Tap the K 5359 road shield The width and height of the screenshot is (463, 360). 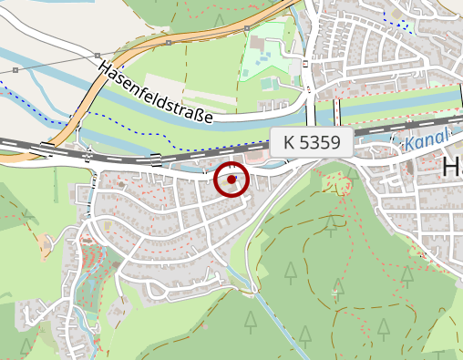312,142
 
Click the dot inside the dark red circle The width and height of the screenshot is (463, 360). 231,179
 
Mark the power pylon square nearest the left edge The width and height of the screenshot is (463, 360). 16,69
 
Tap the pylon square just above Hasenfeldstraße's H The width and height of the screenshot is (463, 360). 98,57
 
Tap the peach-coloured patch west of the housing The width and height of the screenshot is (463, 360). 45,244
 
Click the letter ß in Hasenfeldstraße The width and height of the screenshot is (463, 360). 194,112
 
